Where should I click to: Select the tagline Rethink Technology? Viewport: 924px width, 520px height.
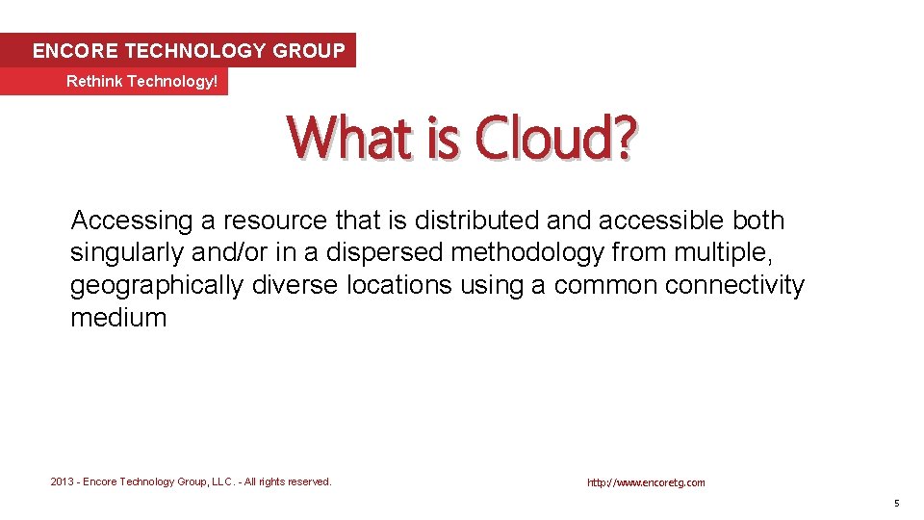tap(141, 82)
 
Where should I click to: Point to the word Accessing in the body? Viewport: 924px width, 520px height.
tap(132, 221)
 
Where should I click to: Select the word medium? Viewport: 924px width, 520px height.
tap(118, 319)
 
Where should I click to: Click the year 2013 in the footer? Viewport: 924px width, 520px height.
tap(63, 481)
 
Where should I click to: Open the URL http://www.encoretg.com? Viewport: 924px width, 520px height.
tap(646, 482)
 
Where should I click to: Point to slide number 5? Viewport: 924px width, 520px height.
tap(896, 504)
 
